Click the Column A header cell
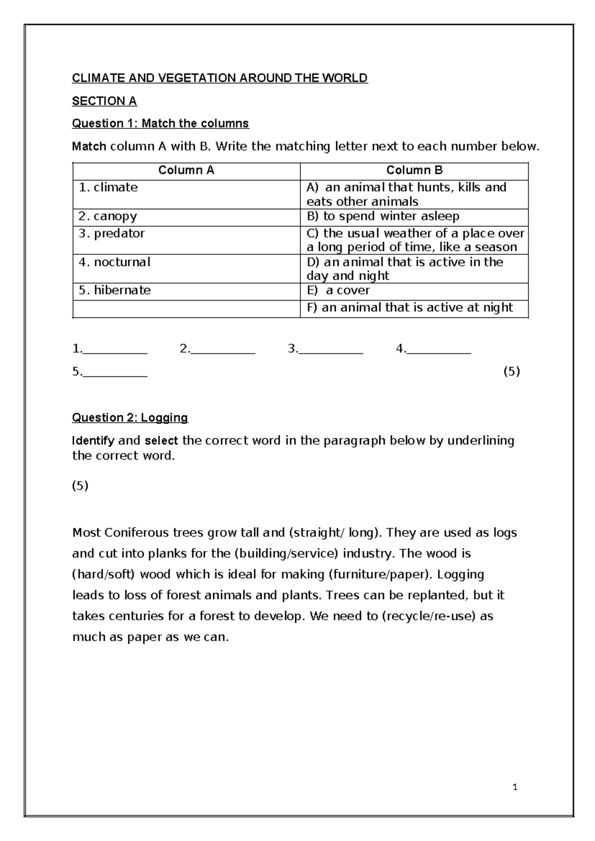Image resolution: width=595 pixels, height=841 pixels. pos(186,171)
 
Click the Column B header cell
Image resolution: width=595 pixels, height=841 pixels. pos(414,171)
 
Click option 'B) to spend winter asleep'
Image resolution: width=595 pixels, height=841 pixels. pos(383,216)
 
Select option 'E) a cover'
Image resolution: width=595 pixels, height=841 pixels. pos(338,291)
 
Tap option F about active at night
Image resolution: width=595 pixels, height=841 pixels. pos(410,307)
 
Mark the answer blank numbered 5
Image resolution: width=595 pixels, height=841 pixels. pos(115,372)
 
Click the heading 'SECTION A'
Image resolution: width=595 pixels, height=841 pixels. pos(104,101)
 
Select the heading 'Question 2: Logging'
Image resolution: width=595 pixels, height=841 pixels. pos(130,418)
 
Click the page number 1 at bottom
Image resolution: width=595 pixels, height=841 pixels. pos(515,787)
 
